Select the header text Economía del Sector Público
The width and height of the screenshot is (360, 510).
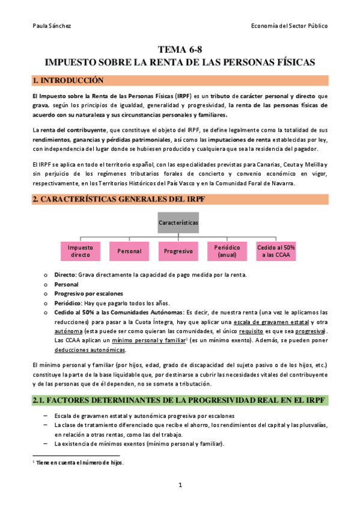click(290, 26)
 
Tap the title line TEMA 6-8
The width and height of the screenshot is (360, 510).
click(180, 51)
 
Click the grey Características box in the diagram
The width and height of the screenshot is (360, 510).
click(178, 223)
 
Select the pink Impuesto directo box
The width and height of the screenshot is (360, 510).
click(81, 251)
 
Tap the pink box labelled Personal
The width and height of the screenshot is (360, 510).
click(129, 251)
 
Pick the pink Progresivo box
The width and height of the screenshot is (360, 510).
click(178, 251)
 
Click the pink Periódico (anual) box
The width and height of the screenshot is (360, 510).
click(228, 251)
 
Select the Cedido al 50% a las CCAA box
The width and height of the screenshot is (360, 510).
click(276, 251)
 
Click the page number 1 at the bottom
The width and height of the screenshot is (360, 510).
click(180, 485)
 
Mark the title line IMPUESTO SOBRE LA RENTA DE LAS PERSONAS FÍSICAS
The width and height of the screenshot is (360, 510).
click(180, 63)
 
